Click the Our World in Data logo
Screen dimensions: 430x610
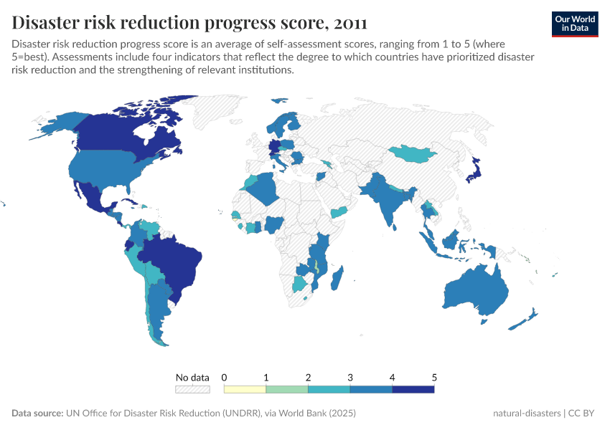575,24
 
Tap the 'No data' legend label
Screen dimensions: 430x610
192,377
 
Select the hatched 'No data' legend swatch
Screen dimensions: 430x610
192,389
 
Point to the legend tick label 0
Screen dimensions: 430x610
225,377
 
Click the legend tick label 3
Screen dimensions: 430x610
350,377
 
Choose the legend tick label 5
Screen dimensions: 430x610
434,377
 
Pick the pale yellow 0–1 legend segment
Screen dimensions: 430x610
245,389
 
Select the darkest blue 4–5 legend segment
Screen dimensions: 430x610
413,389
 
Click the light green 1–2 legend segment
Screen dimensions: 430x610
287,389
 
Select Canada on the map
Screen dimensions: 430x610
122,136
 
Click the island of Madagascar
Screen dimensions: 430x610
339,279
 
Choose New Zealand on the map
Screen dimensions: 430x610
527,319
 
